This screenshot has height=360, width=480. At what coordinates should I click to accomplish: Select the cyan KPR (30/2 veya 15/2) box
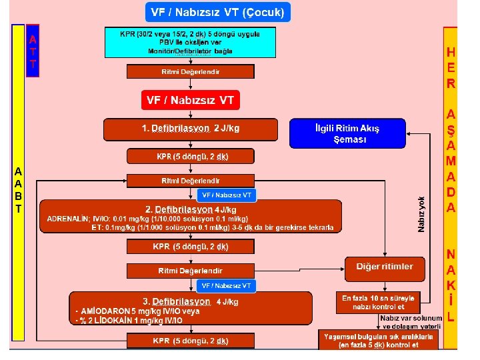coord(190,43)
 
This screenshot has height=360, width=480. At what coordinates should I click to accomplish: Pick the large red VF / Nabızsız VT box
coord(190,100)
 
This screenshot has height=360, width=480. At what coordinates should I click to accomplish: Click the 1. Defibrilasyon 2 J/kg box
coord(190,129)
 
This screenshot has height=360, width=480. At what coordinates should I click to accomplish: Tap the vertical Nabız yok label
coord(421,214)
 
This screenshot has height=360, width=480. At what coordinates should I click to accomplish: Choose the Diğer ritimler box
coord(385,267)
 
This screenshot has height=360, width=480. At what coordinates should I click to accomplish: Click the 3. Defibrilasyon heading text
coord(175,301)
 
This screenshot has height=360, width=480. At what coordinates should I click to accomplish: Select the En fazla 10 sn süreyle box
coord(379,302)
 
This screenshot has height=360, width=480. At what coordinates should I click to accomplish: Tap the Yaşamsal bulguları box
coord(378,340)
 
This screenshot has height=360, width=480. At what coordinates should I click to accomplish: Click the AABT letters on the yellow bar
coord(19,190)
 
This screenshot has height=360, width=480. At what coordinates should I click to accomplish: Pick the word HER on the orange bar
coord(451,68)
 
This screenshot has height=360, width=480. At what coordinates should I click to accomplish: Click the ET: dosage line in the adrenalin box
coord(212,227)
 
